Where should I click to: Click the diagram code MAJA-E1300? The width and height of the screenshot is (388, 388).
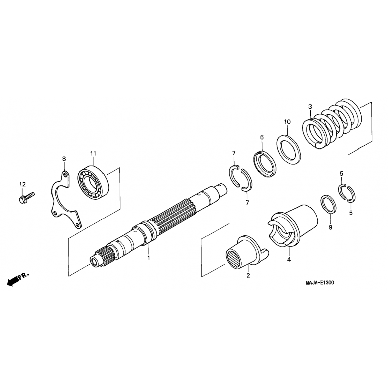320,283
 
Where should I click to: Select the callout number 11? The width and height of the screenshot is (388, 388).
93,153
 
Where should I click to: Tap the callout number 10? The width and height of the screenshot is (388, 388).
287,122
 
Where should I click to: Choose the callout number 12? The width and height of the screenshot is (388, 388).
23,184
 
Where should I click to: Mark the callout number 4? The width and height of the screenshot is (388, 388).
289,259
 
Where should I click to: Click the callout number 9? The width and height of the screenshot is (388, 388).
330,227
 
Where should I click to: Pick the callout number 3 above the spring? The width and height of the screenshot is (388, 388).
310,106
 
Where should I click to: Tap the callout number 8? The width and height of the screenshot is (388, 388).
64,159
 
